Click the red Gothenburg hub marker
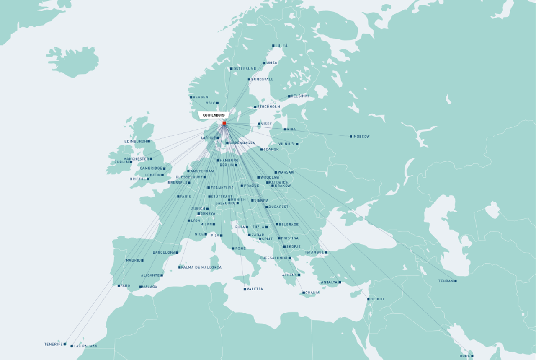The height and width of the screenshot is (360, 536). (224, 123)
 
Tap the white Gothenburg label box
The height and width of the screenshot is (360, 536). (214, 115)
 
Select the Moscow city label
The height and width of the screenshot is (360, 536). (361, 137)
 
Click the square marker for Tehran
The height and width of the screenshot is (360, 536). (456, 281)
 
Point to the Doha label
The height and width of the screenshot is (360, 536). (464, 356)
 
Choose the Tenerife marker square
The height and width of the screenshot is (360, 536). (65, 344)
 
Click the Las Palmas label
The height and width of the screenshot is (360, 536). (85, 347)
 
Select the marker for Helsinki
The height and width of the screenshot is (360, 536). (289, 96)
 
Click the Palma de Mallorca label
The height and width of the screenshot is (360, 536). (201, 267)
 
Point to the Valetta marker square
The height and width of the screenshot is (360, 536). (245, 289)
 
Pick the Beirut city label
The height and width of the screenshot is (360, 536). (377, 299)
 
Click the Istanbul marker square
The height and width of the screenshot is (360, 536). (326, 252)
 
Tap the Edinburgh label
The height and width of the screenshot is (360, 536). (135, 142)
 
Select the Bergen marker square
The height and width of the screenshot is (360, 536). (191, 97)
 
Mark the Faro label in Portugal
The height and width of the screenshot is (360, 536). (125, 286)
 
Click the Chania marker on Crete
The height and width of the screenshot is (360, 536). (304, 293)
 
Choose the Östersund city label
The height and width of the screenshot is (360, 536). (245, 69)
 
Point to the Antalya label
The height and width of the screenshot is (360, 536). (329, 282)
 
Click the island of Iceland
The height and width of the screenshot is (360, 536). (73, 62)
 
